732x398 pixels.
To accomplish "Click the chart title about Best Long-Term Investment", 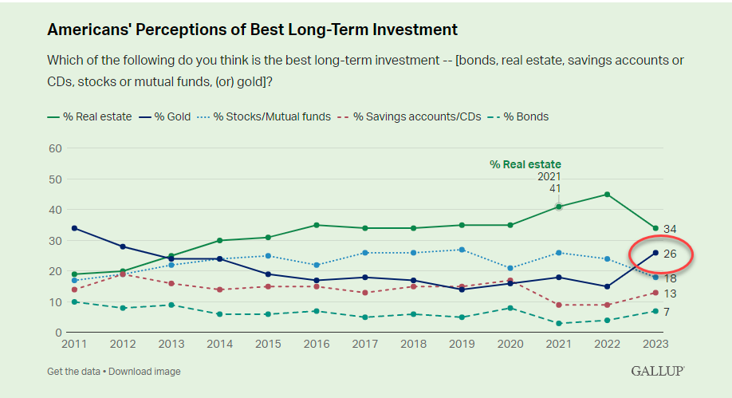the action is coord(252,30).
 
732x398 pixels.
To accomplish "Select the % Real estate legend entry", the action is coord(89,116).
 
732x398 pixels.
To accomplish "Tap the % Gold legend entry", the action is coord(165,116).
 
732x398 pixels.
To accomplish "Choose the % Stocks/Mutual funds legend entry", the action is coord(264,116).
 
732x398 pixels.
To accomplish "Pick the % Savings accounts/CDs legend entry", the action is coord(409,116).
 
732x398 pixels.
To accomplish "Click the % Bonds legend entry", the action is coord(518,116).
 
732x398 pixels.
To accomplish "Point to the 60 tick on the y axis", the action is coord(55,148).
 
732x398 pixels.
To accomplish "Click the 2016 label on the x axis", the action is coord(317,345).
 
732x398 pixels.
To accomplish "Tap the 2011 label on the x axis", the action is coord(74,345).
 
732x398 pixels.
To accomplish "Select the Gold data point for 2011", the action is coord(74,228).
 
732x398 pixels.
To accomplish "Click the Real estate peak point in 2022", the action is coord(608,195).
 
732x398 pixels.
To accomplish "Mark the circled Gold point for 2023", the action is coord(655,253).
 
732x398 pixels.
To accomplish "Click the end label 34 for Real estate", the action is coord(670,229).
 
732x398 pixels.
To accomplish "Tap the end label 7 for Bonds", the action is coord(667,312).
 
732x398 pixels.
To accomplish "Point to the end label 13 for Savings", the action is coord(670,294).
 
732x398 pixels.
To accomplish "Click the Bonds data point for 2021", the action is coord(559,323).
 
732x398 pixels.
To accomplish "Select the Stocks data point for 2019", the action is coord(462,250).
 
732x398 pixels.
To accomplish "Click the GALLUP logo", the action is coord(658,371).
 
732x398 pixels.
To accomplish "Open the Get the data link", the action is coord(74,372).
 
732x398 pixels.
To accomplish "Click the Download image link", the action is coord(144,372).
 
